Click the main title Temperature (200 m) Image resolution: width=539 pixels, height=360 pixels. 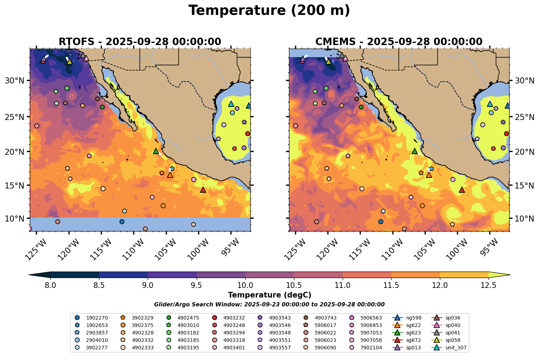pos(269,11)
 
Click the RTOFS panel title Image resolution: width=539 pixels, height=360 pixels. pos(140,42)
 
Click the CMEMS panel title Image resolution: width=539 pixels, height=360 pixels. pos(399,42)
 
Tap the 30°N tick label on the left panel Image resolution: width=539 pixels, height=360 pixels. pos(15,81)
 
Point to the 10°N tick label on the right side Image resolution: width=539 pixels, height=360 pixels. pos(524,218)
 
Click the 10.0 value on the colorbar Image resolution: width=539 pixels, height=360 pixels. pos(245,285)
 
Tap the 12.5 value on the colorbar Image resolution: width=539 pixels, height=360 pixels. pos(488,285)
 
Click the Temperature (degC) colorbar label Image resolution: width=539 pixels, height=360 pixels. pos(269,295)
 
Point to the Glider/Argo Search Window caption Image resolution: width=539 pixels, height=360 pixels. pos(269,305)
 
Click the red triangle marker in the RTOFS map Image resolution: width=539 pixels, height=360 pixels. pos(203,190)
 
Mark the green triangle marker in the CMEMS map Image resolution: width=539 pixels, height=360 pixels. pos(414,151)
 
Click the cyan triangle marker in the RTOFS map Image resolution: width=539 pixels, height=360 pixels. pos(231,104)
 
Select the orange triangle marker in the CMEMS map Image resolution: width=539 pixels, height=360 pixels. pos(429,175)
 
